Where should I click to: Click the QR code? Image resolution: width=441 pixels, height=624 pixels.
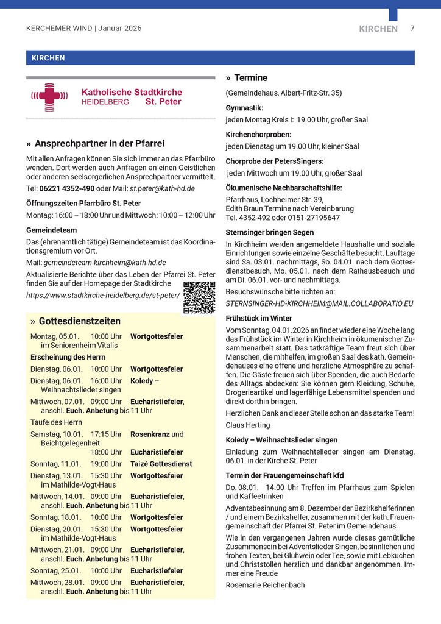[199, 297]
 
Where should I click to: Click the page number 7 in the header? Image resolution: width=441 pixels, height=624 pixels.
[412, 28]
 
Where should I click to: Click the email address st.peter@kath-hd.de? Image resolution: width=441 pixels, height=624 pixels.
[162, 189]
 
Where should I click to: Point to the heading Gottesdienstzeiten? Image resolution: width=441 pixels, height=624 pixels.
[79, 321]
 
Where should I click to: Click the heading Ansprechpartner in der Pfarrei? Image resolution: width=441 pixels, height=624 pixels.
[99, 144]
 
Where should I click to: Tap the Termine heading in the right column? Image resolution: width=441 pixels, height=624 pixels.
[250, 78]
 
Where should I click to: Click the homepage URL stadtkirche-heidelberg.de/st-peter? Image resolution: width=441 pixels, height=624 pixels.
[103, 295]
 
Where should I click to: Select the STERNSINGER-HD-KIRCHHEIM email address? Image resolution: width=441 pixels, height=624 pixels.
[319, 303]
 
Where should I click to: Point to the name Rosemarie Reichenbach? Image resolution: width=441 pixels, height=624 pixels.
[265, 585]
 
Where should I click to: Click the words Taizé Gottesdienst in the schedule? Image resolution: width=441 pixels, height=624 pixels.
[161, 464]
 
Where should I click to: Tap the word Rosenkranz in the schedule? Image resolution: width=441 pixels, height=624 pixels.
[149, 434]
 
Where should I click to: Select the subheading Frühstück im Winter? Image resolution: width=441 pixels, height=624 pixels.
[259, 318]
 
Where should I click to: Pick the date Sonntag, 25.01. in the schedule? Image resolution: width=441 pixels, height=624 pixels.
[55, 571]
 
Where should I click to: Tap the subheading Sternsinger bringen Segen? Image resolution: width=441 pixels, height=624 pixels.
[270, 232]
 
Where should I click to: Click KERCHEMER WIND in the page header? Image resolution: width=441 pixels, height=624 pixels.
[59, 28]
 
